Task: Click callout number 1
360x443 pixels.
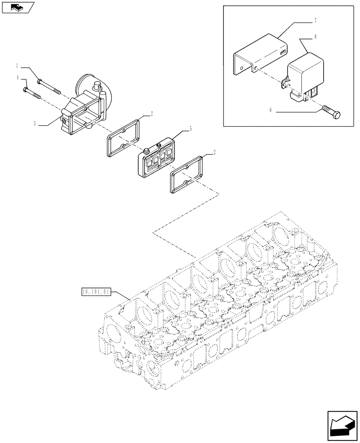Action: point(17,66)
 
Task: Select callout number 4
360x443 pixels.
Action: point(17,78)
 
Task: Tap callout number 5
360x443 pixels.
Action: point(191,129)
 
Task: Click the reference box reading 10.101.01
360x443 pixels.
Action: point(97,291)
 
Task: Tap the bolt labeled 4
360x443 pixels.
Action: point(31,93)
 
